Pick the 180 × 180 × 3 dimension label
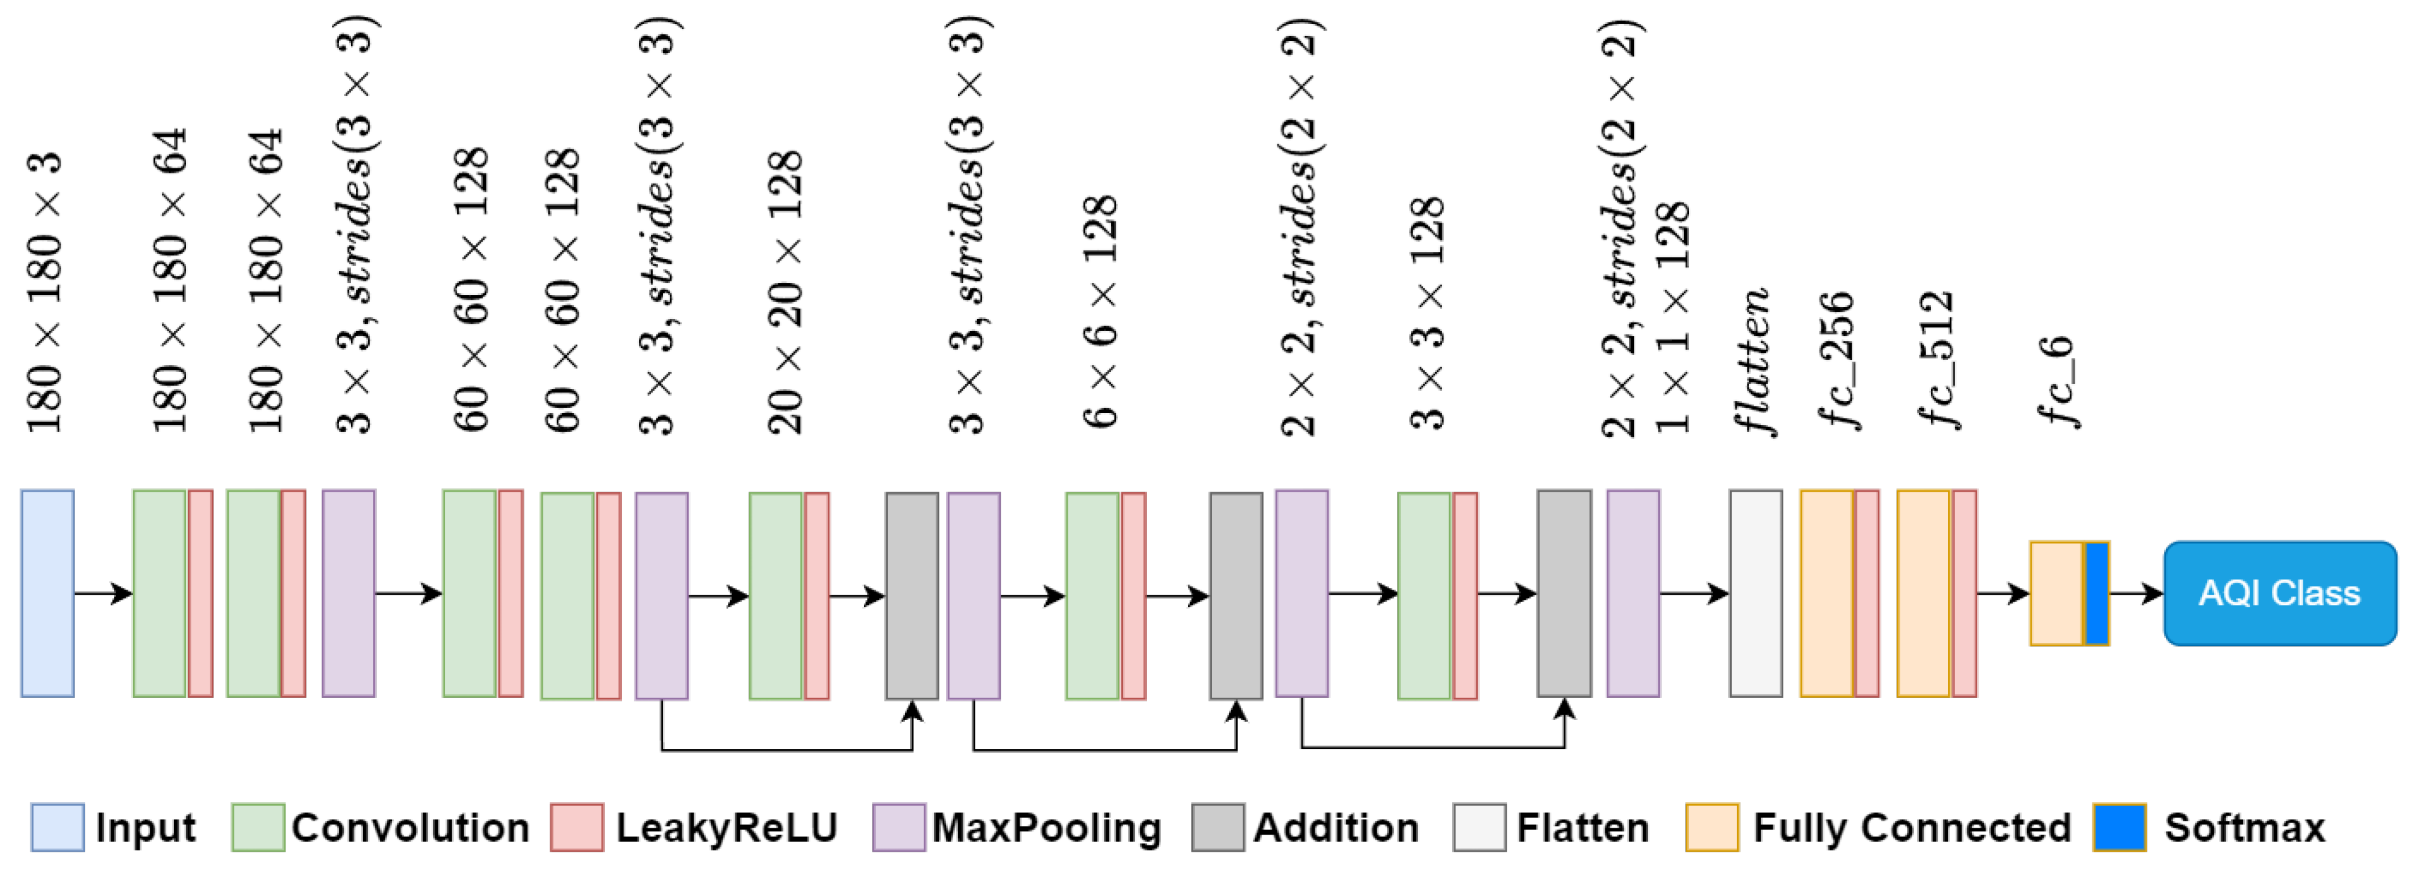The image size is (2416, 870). [x=44, y=292]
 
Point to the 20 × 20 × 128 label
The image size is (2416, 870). [x=785, y=292]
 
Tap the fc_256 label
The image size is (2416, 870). [x=1837, y=360]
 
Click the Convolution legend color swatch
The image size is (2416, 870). [x=258, y=827]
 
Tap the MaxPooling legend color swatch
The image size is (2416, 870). [x=899, y=827]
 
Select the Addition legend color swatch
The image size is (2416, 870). [x=1217, y=827]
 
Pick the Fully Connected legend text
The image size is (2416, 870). [x=1911, y=827]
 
